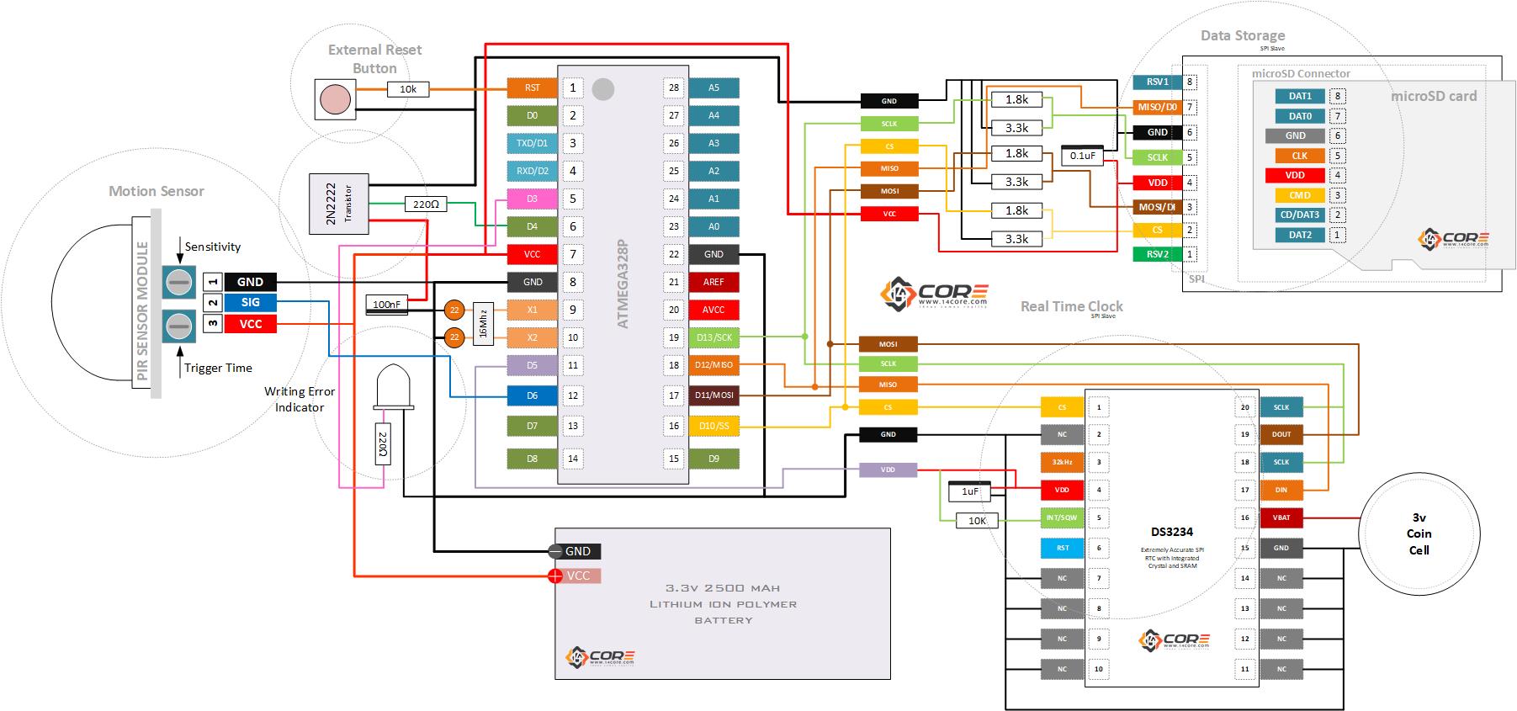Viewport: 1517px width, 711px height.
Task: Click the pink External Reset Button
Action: coord(335,99)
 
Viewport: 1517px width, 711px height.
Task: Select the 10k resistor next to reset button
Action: coord(408,88)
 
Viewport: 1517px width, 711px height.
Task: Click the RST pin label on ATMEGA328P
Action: coord(532,88)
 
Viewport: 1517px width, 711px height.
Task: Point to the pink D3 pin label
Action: coord(532,199)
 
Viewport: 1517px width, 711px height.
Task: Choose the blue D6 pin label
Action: coord(532,395)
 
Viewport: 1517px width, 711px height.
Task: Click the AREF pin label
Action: coord(713,282)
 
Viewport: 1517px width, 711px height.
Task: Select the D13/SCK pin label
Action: coord(713,337)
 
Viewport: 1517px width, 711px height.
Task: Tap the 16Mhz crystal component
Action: coord(482,323)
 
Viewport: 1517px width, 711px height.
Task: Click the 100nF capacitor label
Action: coord(387,305)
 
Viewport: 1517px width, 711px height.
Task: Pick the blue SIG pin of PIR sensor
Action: coord(250,303)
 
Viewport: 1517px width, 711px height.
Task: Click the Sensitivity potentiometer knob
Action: coord(178,281)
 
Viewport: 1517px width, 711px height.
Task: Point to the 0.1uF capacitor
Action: coord(1082,156)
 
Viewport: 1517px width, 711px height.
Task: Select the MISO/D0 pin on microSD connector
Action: coord(1157,107)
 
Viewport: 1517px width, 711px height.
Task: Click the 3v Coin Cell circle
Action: coord(1419,533)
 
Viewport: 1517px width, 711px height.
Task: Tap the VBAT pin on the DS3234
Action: coord(1281,517)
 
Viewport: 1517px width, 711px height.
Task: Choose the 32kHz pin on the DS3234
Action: coord(1062,462)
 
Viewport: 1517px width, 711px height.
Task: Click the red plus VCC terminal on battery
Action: coord(555,576)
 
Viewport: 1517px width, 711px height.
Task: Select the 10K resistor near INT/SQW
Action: coord(977,521)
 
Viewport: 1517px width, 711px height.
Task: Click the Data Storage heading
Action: coord(1242,35)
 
